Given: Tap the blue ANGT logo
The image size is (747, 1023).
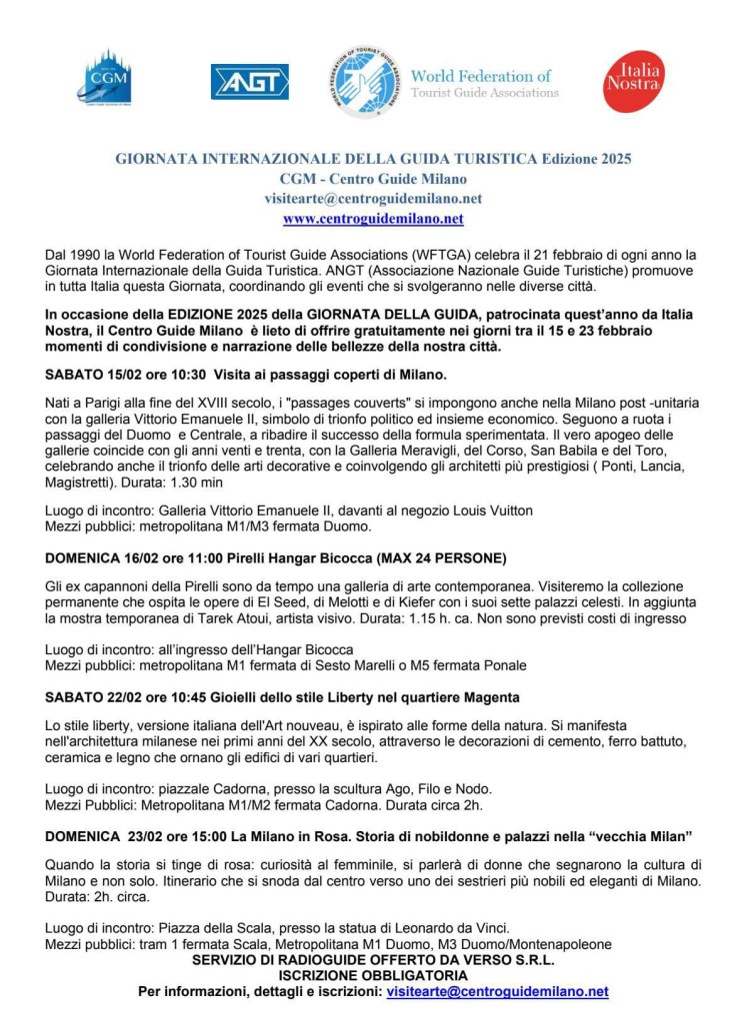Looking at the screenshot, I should point(250,82).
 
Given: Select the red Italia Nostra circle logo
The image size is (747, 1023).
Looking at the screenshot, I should point(633,82).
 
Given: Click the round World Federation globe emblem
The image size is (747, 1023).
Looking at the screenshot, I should point(366,82).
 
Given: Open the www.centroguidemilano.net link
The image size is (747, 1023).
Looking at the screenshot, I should point(373,218).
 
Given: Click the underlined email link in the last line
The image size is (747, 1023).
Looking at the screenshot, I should point(497,992).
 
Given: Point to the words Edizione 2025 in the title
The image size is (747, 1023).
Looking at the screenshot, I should point(587,158).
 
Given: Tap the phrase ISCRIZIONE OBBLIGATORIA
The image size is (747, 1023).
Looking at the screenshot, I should point(373,975).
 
